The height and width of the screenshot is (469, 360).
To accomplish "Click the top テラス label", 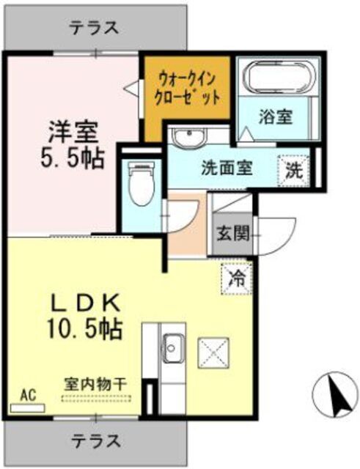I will [94, 28].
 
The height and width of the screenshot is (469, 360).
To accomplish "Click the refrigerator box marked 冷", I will [237, 278].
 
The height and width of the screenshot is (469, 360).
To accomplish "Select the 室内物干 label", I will [96, 383].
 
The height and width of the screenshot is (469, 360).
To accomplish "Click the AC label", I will [28, 396].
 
